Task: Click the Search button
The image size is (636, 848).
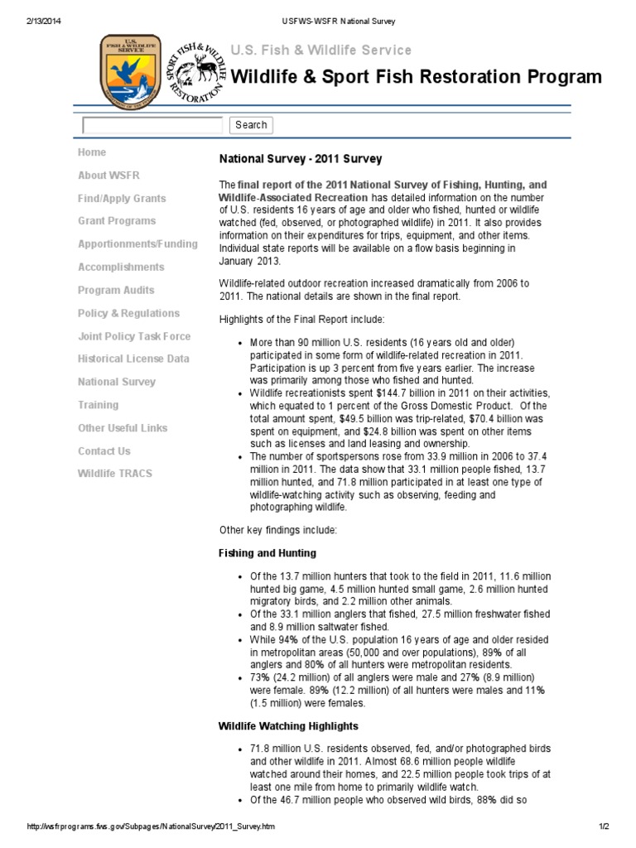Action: tap(251, 125)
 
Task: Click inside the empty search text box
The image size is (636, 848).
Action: tap(153, 125)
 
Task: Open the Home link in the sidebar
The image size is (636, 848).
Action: tap(92, 152)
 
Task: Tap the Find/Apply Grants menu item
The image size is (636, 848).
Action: tap(122, 199)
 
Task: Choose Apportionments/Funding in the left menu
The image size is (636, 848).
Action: tap(137, 244)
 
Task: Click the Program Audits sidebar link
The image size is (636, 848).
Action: tap(117, 291)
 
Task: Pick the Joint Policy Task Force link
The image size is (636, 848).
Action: tap(134, 336)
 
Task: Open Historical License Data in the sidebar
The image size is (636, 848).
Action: tap(133, 359)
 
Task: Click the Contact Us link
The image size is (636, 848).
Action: tap(104, 451)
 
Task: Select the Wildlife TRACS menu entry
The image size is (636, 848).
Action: tap(115, 474)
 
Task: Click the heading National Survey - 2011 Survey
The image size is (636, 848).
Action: tap(300, 158)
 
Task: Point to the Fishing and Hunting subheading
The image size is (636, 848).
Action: tap(267, 553)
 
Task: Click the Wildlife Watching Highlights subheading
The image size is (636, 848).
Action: tap(288, 726)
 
